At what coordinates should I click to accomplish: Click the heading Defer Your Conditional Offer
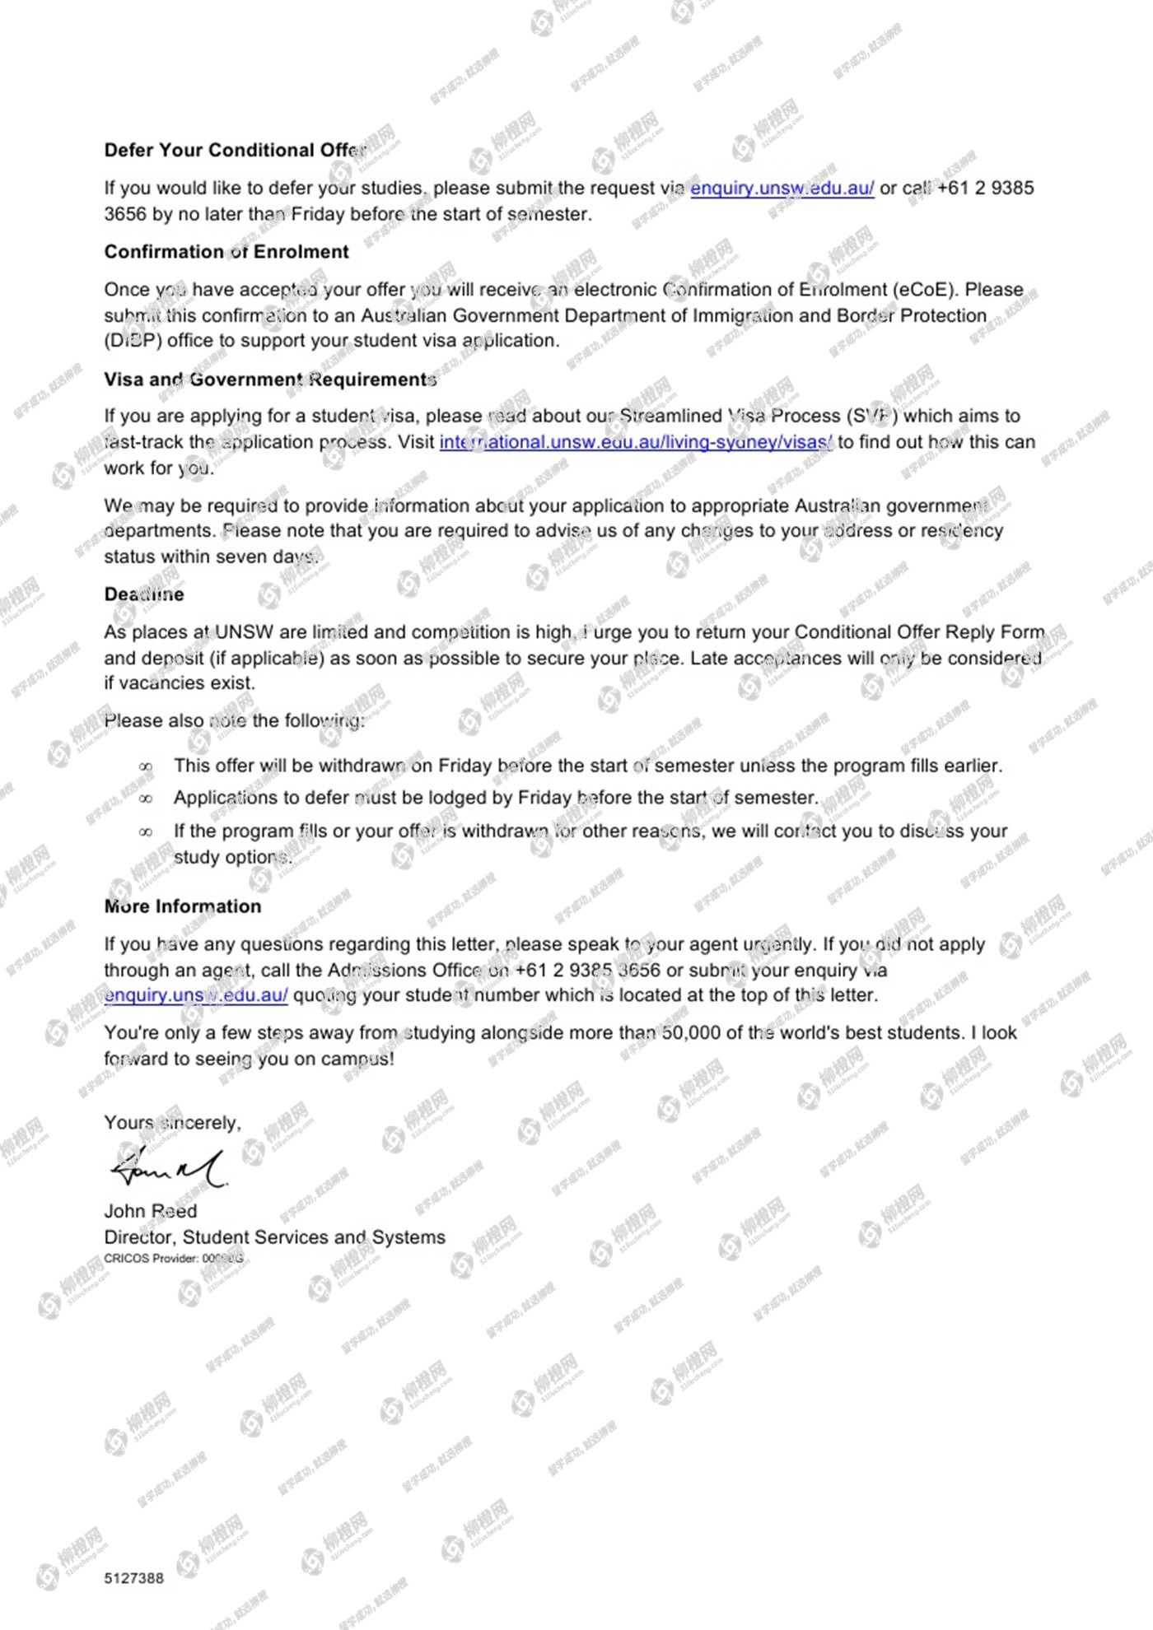235,150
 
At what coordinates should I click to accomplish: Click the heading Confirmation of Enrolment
226,252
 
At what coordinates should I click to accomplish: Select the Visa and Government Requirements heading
270,380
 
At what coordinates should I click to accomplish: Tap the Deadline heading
144,594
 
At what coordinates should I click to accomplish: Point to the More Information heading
183,906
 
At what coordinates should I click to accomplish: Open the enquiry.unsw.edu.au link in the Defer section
782,189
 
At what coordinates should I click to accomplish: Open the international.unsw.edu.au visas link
636,442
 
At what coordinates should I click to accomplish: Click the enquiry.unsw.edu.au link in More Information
196,995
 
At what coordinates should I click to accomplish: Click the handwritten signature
168,1167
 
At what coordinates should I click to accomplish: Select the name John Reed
151,1211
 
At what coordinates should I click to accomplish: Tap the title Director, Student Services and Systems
274,1237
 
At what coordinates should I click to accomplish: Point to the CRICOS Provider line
174,1259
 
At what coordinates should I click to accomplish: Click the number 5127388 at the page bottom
134,1578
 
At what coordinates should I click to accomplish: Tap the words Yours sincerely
172,1123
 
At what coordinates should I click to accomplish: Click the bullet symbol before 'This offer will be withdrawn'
146,766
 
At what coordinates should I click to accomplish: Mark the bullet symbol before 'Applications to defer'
146,799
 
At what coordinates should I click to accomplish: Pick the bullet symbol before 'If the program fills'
146,832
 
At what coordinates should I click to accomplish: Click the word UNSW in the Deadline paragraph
244,632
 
